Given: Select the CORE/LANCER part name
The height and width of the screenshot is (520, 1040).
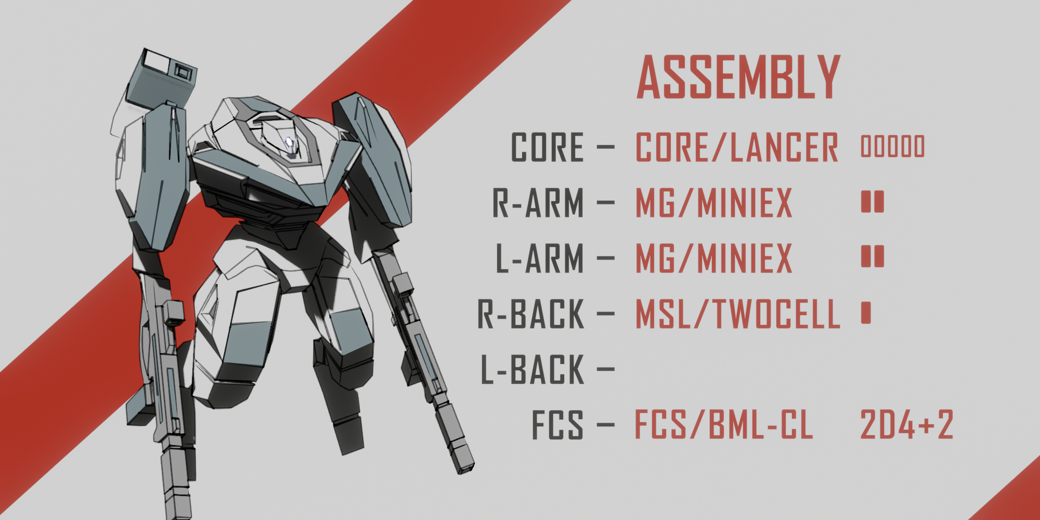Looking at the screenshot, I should (737, 147).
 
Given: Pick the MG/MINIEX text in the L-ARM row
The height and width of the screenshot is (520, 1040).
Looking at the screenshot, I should (714, 258).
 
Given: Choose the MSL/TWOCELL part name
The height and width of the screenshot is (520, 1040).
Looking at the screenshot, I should (737, 314).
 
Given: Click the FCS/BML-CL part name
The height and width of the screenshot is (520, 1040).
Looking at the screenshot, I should (723, 424).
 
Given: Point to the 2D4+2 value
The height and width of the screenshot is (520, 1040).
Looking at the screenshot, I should (906, 424).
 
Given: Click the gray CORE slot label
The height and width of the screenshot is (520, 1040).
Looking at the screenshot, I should (547, 147).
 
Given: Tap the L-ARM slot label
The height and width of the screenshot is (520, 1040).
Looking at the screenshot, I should (539, 258).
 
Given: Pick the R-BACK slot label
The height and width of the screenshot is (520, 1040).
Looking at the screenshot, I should (531, 314).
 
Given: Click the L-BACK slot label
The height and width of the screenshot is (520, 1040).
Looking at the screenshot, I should (532, 369).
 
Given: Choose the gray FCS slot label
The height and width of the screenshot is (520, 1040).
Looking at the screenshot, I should (557, 424).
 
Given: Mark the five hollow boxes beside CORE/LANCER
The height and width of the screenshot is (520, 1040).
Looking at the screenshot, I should (893, 146).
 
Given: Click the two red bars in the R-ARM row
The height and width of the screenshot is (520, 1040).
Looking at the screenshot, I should (873, 202).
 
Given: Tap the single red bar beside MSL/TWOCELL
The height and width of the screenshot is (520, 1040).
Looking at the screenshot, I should (866, 313).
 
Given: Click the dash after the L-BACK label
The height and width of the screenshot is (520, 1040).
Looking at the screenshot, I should (606, 369).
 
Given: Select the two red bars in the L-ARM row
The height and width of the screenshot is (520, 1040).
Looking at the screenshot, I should (873, 256).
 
